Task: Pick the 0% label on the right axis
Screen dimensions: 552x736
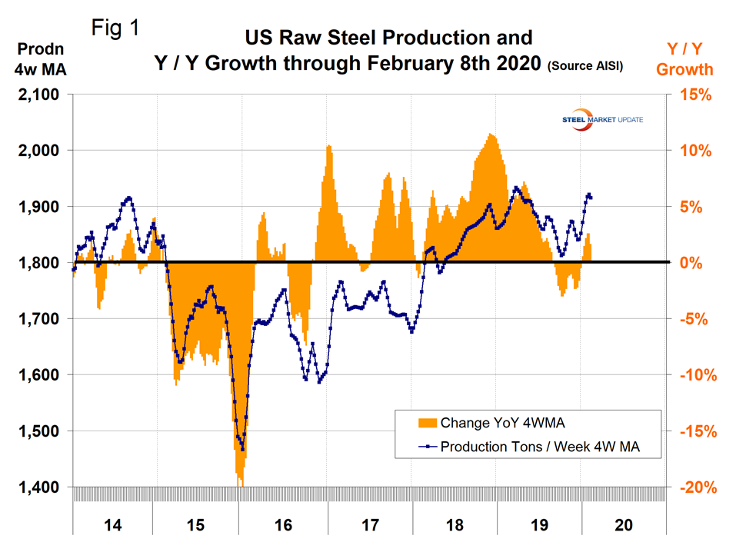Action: click(698, 263)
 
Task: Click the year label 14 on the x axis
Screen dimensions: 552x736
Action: click(112, 525)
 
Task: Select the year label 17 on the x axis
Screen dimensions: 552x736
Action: click(370, 525)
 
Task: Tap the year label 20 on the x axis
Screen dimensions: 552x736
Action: click(624, 525)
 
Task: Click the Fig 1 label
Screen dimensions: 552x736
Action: click(115, 28)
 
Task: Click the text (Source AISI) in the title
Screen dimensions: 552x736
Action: click(584, 68)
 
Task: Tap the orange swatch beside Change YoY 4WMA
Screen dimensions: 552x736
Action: click(425, 422)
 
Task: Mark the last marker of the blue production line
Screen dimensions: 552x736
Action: click(591, 198)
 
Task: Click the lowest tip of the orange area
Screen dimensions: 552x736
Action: click(241, 486)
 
